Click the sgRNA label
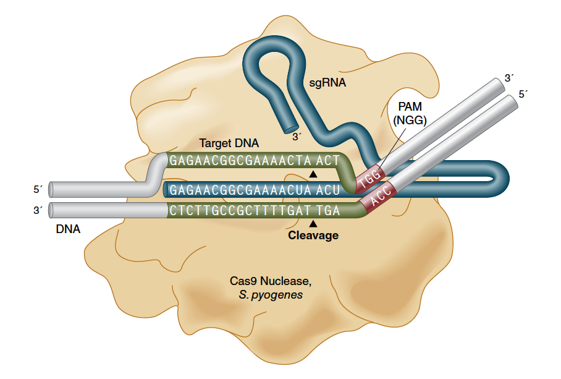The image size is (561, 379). click(327, 83)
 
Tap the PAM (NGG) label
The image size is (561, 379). click(410, 113)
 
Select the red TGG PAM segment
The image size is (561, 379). click(370, 177)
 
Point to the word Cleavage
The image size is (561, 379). click(313, 235)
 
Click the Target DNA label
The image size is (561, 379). click(229, 143)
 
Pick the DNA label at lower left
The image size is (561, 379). click(68, 229)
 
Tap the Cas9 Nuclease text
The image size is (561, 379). click(271, 281)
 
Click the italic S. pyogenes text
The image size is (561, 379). click(271, 295)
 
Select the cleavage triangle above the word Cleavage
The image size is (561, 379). click(313, 224)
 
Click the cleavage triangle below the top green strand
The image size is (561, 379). click(313, 174)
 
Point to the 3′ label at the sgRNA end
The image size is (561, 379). click(297, 137)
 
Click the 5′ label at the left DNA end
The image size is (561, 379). click(38, 189)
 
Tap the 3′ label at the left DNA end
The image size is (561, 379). click(38, 210)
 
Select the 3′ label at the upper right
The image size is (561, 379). click(508, 78)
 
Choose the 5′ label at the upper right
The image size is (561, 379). click(523, 94)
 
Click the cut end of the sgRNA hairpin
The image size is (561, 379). click(291, 130)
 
